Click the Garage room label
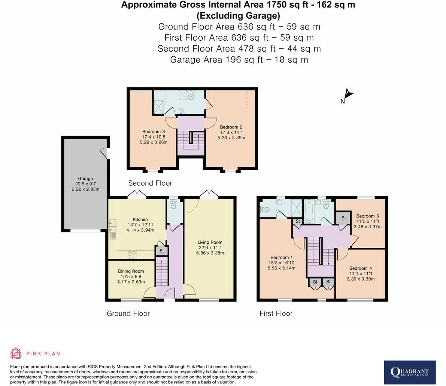[85, 179]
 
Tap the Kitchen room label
[140, 219]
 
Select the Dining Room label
[131, 271]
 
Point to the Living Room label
[210, 242]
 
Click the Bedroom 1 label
[282, 257]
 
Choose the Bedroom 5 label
[367, 216]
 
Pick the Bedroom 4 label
[360, 268]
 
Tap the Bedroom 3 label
[153, 132]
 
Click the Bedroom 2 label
[231, 127]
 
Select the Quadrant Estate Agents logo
[410, 372]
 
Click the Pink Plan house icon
[16, 353]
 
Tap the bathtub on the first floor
[309, 211]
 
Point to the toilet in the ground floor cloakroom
[173, 205]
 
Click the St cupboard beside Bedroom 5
[343, 218]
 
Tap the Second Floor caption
[150, 183]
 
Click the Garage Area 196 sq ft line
[239, 60]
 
